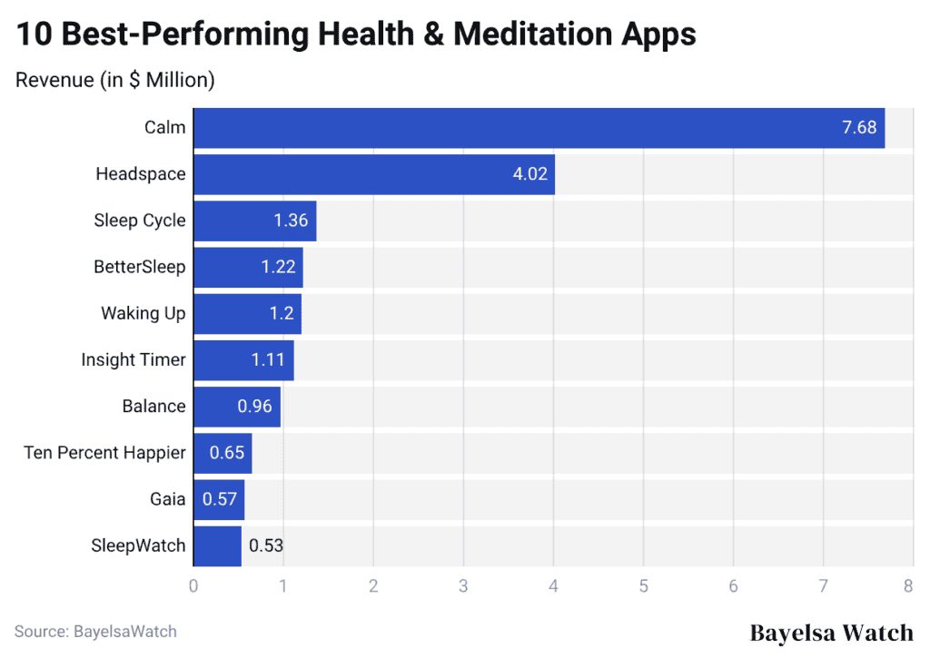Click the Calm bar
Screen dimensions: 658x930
[x=538, y=128]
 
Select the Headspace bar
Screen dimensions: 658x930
[x=373, y=174]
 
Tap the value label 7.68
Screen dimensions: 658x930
[x=859, y=128]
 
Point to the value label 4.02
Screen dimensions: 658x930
[x=530, y=174]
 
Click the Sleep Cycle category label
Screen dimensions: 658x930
[x=140, y=221]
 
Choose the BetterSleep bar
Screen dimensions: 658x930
[x=247, y=267]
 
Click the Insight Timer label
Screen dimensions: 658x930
[x=134, y=359]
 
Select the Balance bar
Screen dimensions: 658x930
[x=236, y=406]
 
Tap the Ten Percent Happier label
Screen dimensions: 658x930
[x=104, y=452]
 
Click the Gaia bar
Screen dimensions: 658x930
[x=218, y=498]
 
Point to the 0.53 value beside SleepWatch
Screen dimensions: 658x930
[x=267, y=545]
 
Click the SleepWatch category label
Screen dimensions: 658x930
[x=138, y=545]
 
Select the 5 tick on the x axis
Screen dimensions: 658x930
[x=643, y=586]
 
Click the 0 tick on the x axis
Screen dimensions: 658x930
[x=193, y=586]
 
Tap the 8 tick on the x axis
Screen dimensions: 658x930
[x=908, y=586]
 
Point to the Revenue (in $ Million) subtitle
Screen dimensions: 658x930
[x=115, y=80]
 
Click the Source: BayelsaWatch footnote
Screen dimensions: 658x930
[x=95, y=631]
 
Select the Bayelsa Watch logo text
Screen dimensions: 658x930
[x=831, y=633]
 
